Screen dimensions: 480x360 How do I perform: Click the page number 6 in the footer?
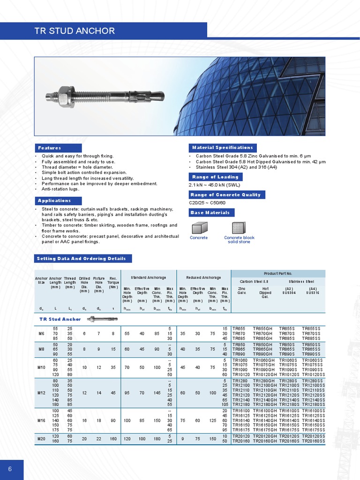pyautogui.click(x=9, y=469)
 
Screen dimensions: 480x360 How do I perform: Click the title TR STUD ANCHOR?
pyautogui.click(x=75, y=31)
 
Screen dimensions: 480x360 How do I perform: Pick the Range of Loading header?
pyautogui.click(x=215, y=177)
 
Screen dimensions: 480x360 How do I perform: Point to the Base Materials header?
pyautogui.click(x=211, y=213)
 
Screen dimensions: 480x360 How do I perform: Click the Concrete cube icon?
pyautogui.click(x=198, y=228)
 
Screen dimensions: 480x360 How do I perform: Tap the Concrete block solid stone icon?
pyautogui.click(x=239, y=228)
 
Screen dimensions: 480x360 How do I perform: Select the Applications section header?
pyautogui.click(x=54, y=201)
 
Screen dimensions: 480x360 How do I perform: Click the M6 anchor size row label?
pyautogui.click(x=41, y=333)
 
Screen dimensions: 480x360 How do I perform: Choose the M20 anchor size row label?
pyautogui.click(x=41, y=439)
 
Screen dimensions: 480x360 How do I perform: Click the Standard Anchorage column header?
pyautogui.click(x=148, y=277)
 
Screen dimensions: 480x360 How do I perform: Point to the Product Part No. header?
pyautogui.click(x=278, y=273)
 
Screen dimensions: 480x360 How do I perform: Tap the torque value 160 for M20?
pyautogui.click(x=112, y=439)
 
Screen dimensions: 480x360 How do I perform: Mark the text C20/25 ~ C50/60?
pyautogui.click(x=207, y=203)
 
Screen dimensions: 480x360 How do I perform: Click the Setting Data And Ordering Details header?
pyautogui.click(x=81, y=258)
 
